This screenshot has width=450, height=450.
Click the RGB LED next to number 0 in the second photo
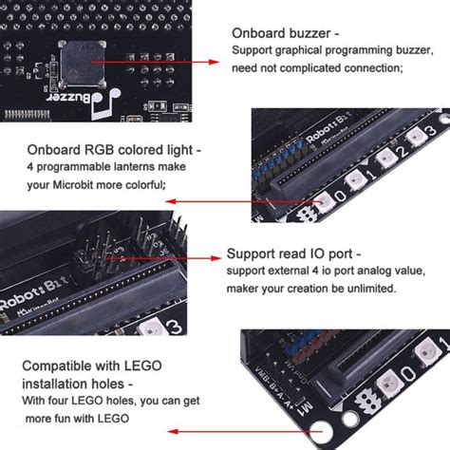[324, 197]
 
